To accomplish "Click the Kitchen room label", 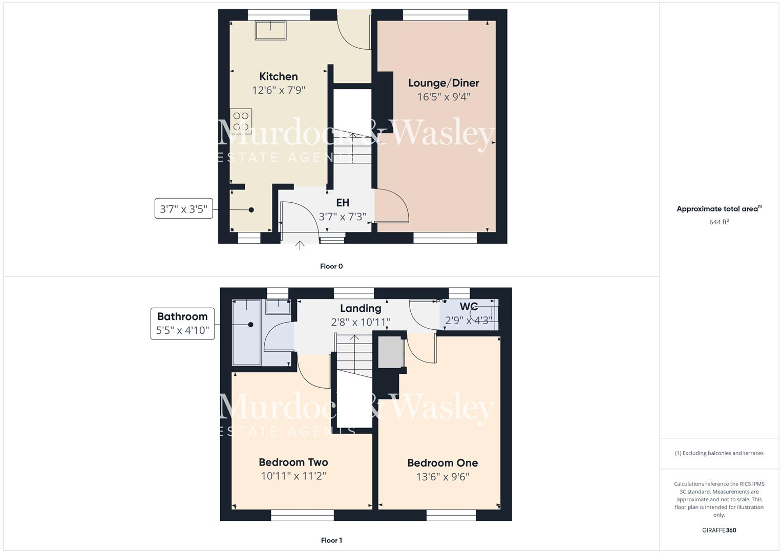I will pos(278,77).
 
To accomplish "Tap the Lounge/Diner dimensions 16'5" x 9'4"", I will pos(443,97).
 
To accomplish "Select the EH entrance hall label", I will pos(343,203).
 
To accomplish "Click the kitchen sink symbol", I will pos(270,30).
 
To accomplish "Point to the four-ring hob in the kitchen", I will pos(241,121).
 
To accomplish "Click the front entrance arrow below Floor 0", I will pos(300,246).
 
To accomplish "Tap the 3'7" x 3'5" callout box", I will pos(183,209).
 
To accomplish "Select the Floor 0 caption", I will pos(331,266).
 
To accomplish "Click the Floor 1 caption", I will pos(331,540).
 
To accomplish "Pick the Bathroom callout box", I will pos(182,323).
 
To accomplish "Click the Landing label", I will pos(361,308).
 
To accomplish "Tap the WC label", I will pos(469,307).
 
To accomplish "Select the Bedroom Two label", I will pos(293,462).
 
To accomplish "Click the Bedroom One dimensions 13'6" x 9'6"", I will pos(442,477).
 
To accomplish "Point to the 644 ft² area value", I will pos(719,222).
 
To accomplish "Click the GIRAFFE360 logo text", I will pos(719,530).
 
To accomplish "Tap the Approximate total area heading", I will pos(719,209).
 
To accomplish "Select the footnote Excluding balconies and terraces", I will pos(719,453).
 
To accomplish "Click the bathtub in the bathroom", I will pos(247,333).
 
